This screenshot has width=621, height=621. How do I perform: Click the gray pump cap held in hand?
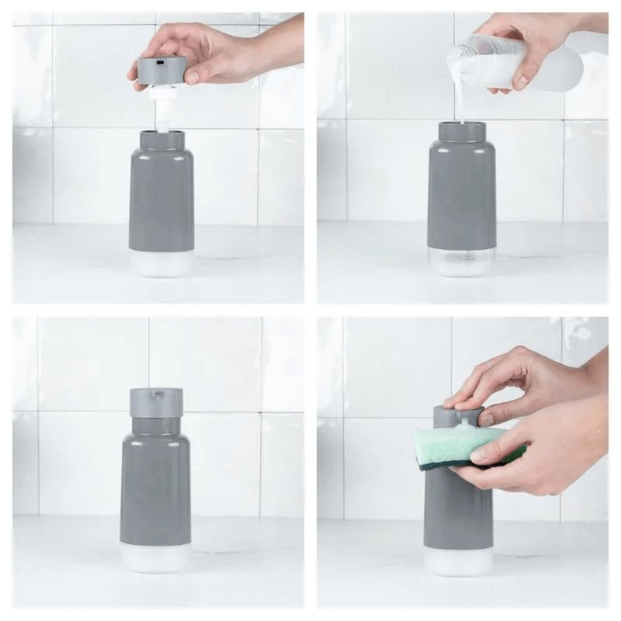(x=161, y=70)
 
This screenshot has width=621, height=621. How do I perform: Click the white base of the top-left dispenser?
(x=161, y=264)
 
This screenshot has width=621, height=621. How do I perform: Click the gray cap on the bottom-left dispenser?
(x=156, y=402)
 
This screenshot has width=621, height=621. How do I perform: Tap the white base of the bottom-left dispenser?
(x=155, y=557)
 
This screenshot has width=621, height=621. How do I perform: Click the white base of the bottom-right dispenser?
(x=458, y=560)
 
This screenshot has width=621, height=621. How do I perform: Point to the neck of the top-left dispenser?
(x=161, y=141)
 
